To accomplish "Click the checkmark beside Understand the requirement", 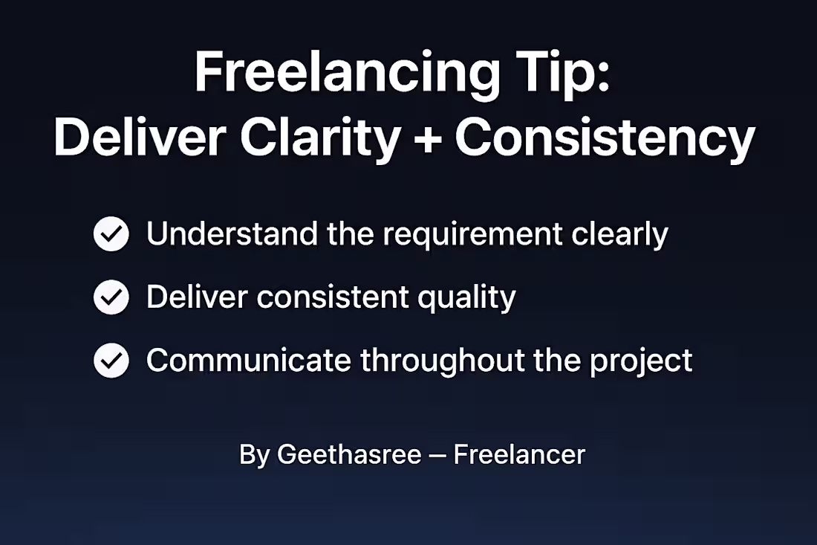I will [x=111, y=235].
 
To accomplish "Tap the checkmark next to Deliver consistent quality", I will [x=111, y=298].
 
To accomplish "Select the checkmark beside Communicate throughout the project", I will [x=111, y=361].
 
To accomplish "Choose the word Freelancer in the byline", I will [x=519, y=454].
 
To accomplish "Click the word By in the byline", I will [x=253, y=455].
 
